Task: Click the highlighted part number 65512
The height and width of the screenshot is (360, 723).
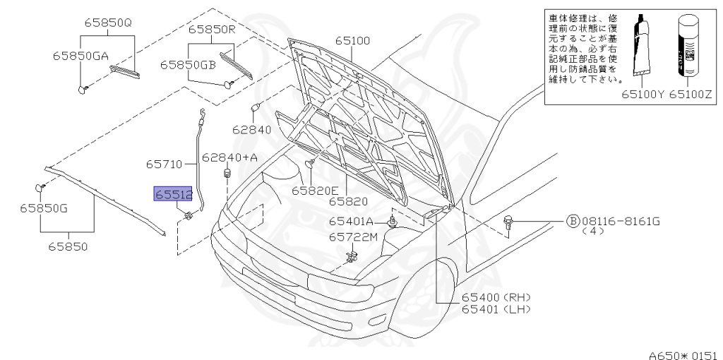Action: [173, 194]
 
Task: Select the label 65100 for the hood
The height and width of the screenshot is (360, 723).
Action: [352, 41]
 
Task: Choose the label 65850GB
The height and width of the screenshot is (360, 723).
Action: [188, 64]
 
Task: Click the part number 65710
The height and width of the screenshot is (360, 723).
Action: [165, 164]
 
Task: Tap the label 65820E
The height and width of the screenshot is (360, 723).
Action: [316, 190]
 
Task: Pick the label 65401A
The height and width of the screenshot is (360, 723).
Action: [351, 221]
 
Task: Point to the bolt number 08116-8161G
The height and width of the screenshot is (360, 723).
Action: [620, 222]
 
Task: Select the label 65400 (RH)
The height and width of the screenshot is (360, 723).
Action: [496, 297]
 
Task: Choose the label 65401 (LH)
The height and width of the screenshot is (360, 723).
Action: [496, 309]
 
